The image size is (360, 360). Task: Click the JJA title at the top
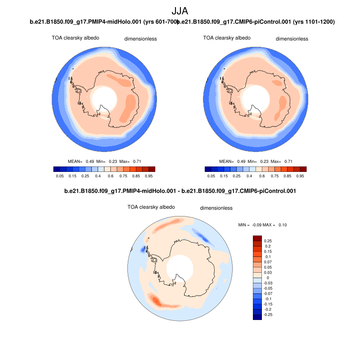click(x=180, y=11)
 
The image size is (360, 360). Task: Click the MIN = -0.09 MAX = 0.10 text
click(x=262, y=225)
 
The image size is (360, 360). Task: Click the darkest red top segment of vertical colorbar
click(x=257, y=238)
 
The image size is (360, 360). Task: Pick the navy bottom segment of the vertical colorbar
click(x=257, y=317)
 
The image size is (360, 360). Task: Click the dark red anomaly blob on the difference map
click(x=156, y=299)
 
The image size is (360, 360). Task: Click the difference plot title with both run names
click(x=180, y=191)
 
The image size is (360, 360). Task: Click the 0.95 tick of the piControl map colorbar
click(x=301, y=176)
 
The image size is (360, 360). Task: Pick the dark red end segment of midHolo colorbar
click(x=152, y=169)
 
